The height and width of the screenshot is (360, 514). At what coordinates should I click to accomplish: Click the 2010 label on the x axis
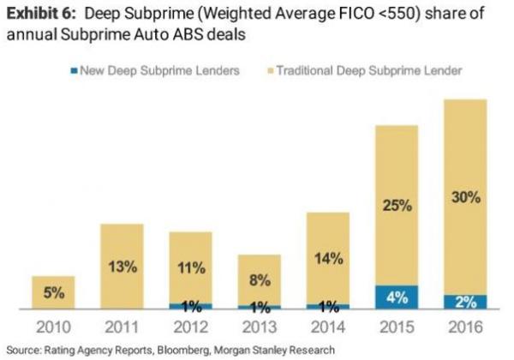click(53, 327)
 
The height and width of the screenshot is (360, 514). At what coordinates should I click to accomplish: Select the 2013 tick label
click(260, 327)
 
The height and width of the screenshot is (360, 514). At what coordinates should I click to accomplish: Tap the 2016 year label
click(464, 327)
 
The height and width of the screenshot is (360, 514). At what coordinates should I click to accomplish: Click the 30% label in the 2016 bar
click(464, 197)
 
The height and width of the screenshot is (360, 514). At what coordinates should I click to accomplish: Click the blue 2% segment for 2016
click(464, 302)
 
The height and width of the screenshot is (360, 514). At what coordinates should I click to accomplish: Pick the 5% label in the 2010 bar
click(53, 293)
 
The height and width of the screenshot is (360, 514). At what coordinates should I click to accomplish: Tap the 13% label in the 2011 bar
click(123, 266)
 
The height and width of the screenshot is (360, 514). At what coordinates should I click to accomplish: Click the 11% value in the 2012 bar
click(191, 267)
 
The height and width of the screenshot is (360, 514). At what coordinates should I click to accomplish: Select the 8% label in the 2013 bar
click(260, 280)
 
